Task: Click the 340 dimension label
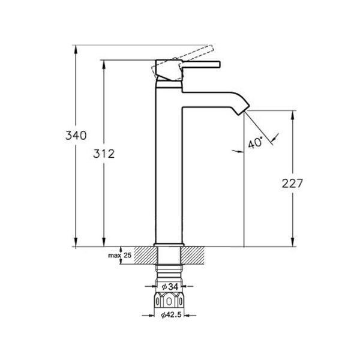pyautogui.click(x=76, y=135)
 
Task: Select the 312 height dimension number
pyautogui.click(x=104, y=154)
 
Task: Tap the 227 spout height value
pyautogui.click(x=292, y=183)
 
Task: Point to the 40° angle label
pyautogui.click(x=255, y=143)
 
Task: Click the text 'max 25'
pyautogui.click(x=119, y=255)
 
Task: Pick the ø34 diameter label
pyautogui.click(x=170, y=287)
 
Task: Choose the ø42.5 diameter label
pyautogui.click(x=171, y=315)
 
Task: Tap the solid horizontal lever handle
pyautogui.click(x=202, y=65)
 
